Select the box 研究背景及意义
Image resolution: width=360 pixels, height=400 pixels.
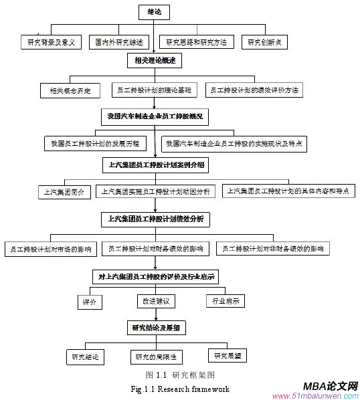tap(50, 42)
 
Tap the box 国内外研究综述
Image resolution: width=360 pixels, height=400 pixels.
tap(120, 42)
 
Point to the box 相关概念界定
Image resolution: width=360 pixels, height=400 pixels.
tap(70, 89)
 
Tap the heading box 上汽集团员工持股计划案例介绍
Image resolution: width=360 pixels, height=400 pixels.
tap(157, 163)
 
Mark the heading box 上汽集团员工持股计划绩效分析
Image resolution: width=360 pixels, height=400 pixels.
tap(156, 218)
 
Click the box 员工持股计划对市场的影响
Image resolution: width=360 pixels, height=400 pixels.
tap(50, 249)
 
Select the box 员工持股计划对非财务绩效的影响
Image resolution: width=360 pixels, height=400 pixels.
tap(273, 248)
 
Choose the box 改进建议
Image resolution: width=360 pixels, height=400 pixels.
tap(156, 301)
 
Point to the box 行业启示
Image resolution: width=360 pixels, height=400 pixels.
tap(226, 301)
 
